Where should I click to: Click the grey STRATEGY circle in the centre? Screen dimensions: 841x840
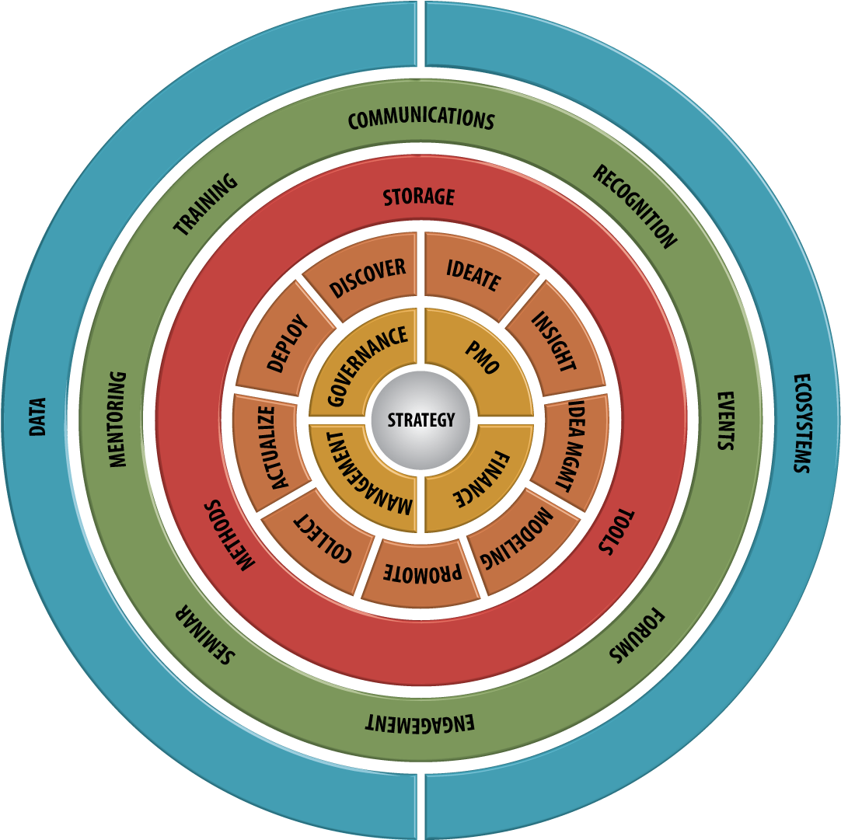tap(420, 420)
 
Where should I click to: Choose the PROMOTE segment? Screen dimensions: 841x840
tap(420, 573)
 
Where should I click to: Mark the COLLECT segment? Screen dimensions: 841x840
tap(322, 539)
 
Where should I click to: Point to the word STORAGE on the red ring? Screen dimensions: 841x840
tap(419, 197)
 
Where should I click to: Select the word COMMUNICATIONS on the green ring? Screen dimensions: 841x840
tap(421, 118)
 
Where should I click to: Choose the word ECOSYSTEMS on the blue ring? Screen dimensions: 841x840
tap(802, 423)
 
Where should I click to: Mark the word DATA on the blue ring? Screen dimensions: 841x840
tap(37, 417)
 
